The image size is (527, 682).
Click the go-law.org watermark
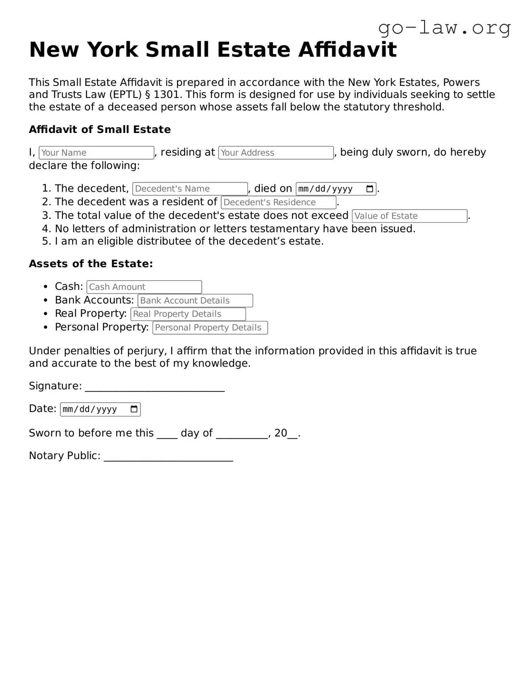pyautogui.click(x=444, y=28)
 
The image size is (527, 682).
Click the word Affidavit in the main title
pyautogui.click(x=347, y=50)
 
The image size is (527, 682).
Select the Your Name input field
pyautogui.click(x=96, y=153)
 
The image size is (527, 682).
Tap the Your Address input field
pyautogui.click(x=276, y=153)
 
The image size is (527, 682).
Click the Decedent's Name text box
pyautogui.click(x=190, y=189)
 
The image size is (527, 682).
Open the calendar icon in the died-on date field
pyautogui.click(x=369, y=189)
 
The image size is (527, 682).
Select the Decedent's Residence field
pyautogui.click(x=278, y=202)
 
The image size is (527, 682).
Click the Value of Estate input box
pyautogui.click(x=409, y=216)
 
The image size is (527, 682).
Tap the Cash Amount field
pyautogui.click(x=144, y=287)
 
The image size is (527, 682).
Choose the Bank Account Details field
pyautogui.click(x=195, y=301)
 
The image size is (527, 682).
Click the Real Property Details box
pyautogui.click(x=188, y=314)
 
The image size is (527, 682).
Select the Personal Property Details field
pyautogui.click(x=210, y=328)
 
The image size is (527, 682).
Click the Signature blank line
pyautogui.click(x=155, y=387)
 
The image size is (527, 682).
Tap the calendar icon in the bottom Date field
pyautogui.click(x=134, y=409)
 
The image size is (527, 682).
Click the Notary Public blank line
pyautogui.click(x=168, y=457)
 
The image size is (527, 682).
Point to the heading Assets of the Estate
pyautogui.click(x=91, y=264)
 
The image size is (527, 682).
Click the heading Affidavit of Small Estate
pyautogui.click(x=100, y=130)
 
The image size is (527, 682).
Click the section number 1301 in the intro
pyautogui.click(x=167, y=95)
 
